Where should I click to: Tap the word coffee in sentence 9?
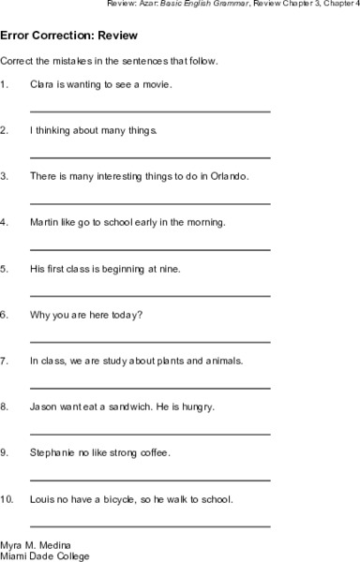(153, 453)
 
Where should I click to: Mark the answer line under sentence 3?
(150, 203)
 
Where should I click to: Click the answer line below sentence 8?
(150, 434)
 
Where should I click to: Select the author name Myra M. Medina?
(35, 544)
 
